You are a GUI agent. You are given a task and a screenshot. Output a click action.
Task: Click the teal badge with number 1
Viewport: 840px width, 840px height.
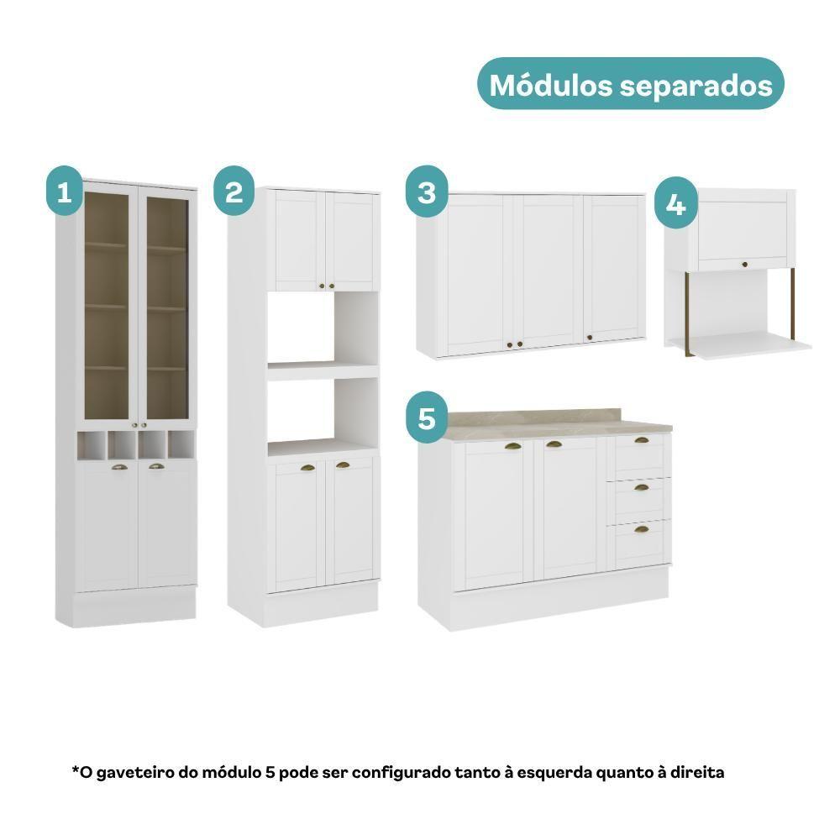pyautogui.click(x=65, y=191)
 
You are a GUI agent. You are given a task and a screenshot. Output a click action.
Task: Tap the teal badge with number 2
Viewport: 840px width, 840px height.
pyautogui.click(x=234, y=191)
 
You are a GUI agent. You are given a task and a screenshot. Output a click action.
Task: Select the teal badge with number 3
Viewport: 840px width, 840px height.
pyautogui.click(x=427, y=192)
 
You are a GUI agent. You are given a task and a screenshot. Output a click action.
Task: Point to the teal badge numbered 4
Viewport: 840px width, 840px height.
pyautogui.click(x=675, y=202)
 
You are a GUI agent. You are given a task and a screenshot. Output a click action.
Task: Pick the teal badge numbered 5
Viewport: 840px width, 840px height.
pyautogui.click(x=427, y=417)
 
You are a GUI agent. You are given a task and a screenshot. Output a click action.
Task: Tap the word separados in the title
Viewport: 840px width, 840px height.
pyautogui.click(x=696, y=87)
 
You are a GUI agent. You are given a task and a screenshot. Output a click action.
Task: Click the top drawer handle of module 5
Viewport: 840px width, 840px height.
pyautogui.click(x=641, y=440)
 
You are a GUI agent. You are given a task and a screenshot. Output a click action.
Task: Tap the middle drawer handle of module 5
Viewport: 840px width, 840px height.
pyautogui.click(x=641, y=487)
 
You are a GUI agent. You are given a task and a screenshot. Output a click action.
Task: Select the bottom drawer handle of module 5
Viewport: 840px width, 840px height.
pyautogui.click(x=641, y=529)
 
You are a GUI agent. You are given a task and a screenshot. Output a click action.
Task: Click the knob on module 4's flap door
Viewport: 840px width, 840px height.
pyautogui.click(x=744, y=264)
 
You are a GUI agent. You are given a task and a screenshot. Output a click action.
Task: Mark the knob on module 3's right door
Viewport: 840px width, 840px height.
pyautogui.click(x=590, y=338)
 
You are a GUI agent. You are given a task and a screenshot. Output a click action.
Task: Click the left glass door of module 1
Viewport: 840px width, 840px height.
pyautogui.click(x=108, y=305)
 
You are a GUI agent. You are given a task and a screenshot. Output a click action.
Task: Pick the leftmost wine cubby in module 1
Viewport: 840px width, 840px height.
pyautogui.click(x=92, y=445)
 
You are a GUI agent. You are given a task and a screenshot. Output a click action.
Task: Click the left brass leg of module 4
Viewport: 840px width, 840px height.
pyautogui.click(x=687, y=313)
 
